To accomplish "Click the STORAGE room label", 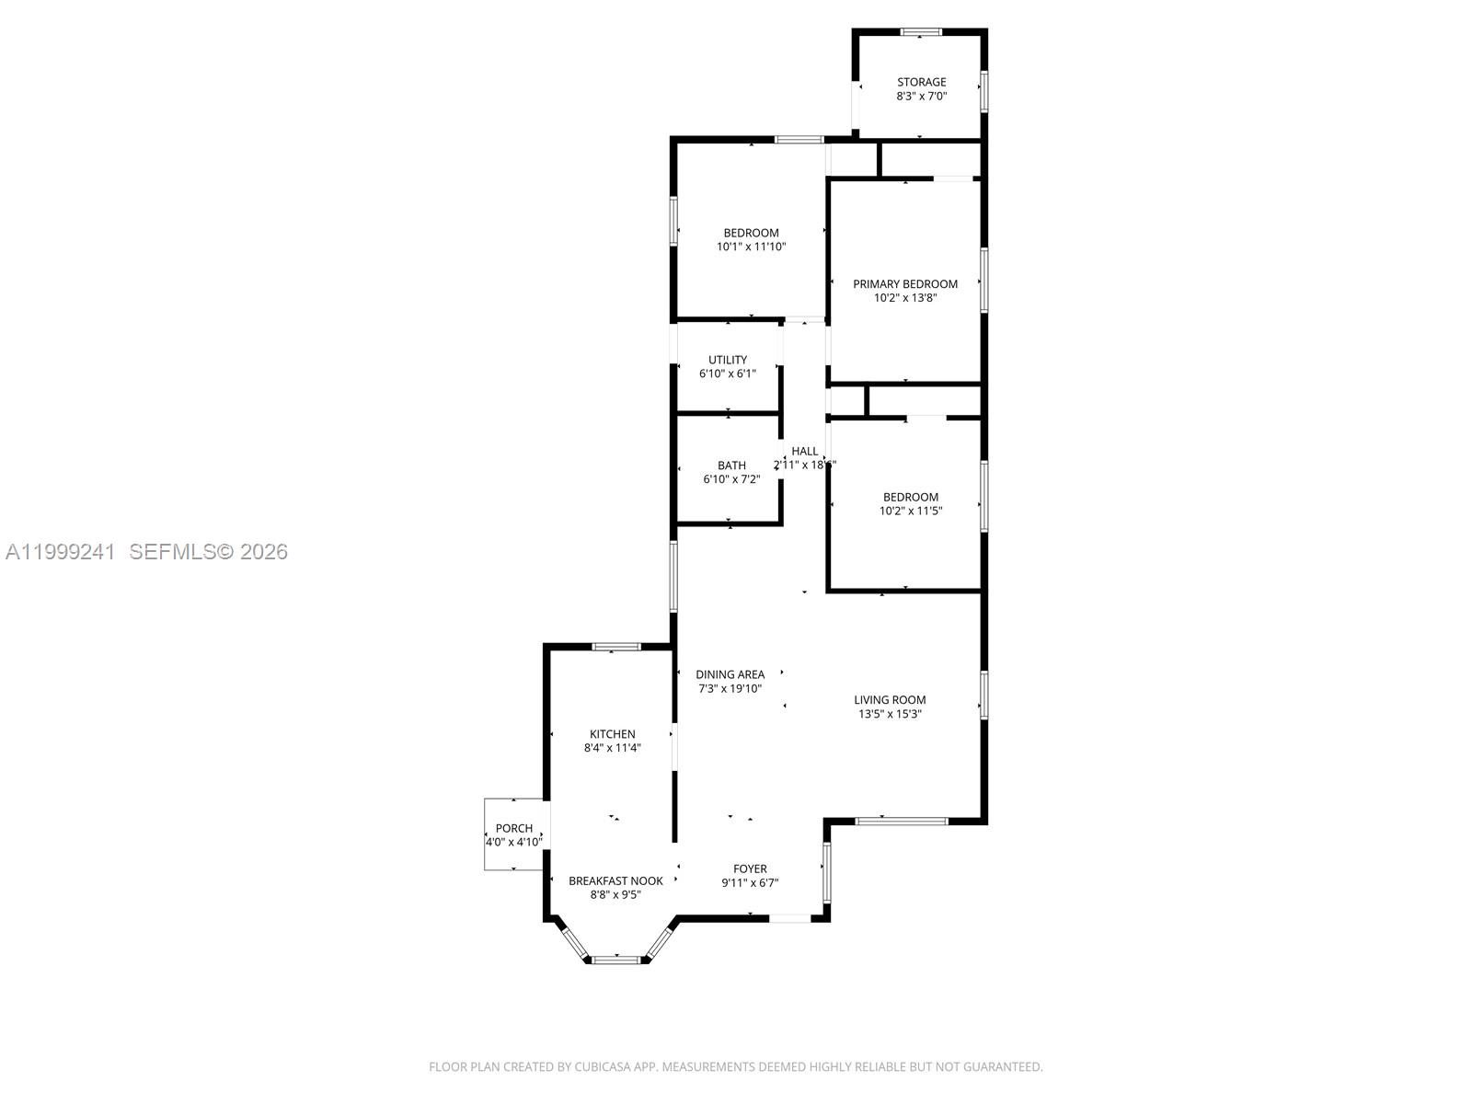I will click(921, 82).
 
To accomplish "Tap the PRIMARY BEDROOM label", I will click(904, 283).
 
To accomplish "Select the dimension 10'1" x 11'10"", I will click(751, 247).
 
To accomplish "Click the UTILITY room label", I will click(728, 360).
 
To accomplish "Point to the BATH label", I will click(731, 466).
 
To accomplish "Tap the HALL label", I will click(804, 451).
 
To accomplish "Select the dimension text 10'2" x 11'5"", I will click(911, 511).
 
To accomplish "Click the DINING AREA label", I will click(730, 674).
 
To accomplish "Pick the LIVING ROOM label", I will click(890, 699).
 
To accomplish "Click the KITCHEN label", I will click(612, 733).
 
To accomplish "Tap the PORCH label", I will click(513, 828).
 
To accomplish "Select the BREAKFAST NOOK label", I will click(615, 880).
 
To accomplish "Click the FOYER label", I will click(750, 868).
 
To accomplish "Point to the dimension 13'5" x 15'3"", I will click(890, 713).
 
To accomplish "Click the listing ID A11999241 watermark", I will click(61, 551).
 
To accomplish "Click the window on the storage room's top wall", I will click(921, 32).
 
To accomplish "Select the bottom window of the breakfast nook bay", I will click(615, 960).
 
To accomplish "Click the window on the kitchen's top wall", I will click(615, 647).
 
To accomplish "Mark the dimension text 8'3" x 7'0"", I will click(921, 96).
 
